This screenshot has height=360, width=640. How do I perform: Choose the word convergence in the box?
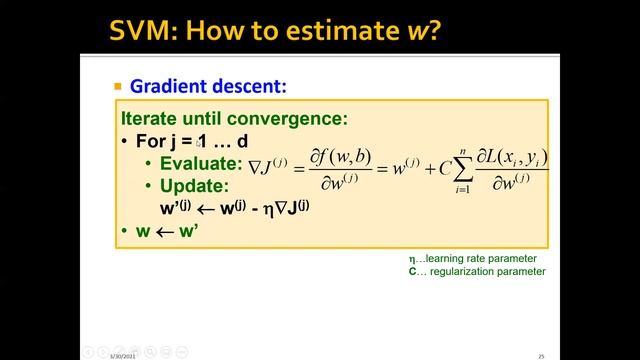click(x=293, y=118)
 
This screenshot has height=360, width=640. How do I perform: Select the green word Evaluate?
click(x=200, y=164)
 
